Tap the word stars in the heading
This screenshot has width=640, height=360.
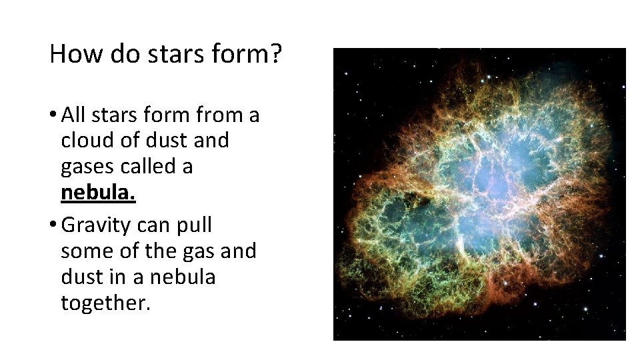click(x=169, y=54)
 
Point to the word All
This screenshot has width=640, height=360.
click(x=73, y=115)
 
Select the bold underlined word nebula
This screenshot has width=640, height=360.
click(x=98, y=193)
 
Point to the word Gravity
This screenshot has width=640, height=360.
click(x=96, y=225)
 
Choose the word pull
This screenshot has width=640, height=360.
click(x=193, y=225)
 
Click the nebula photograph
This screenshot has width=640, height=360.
click(x=479, y=194)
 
